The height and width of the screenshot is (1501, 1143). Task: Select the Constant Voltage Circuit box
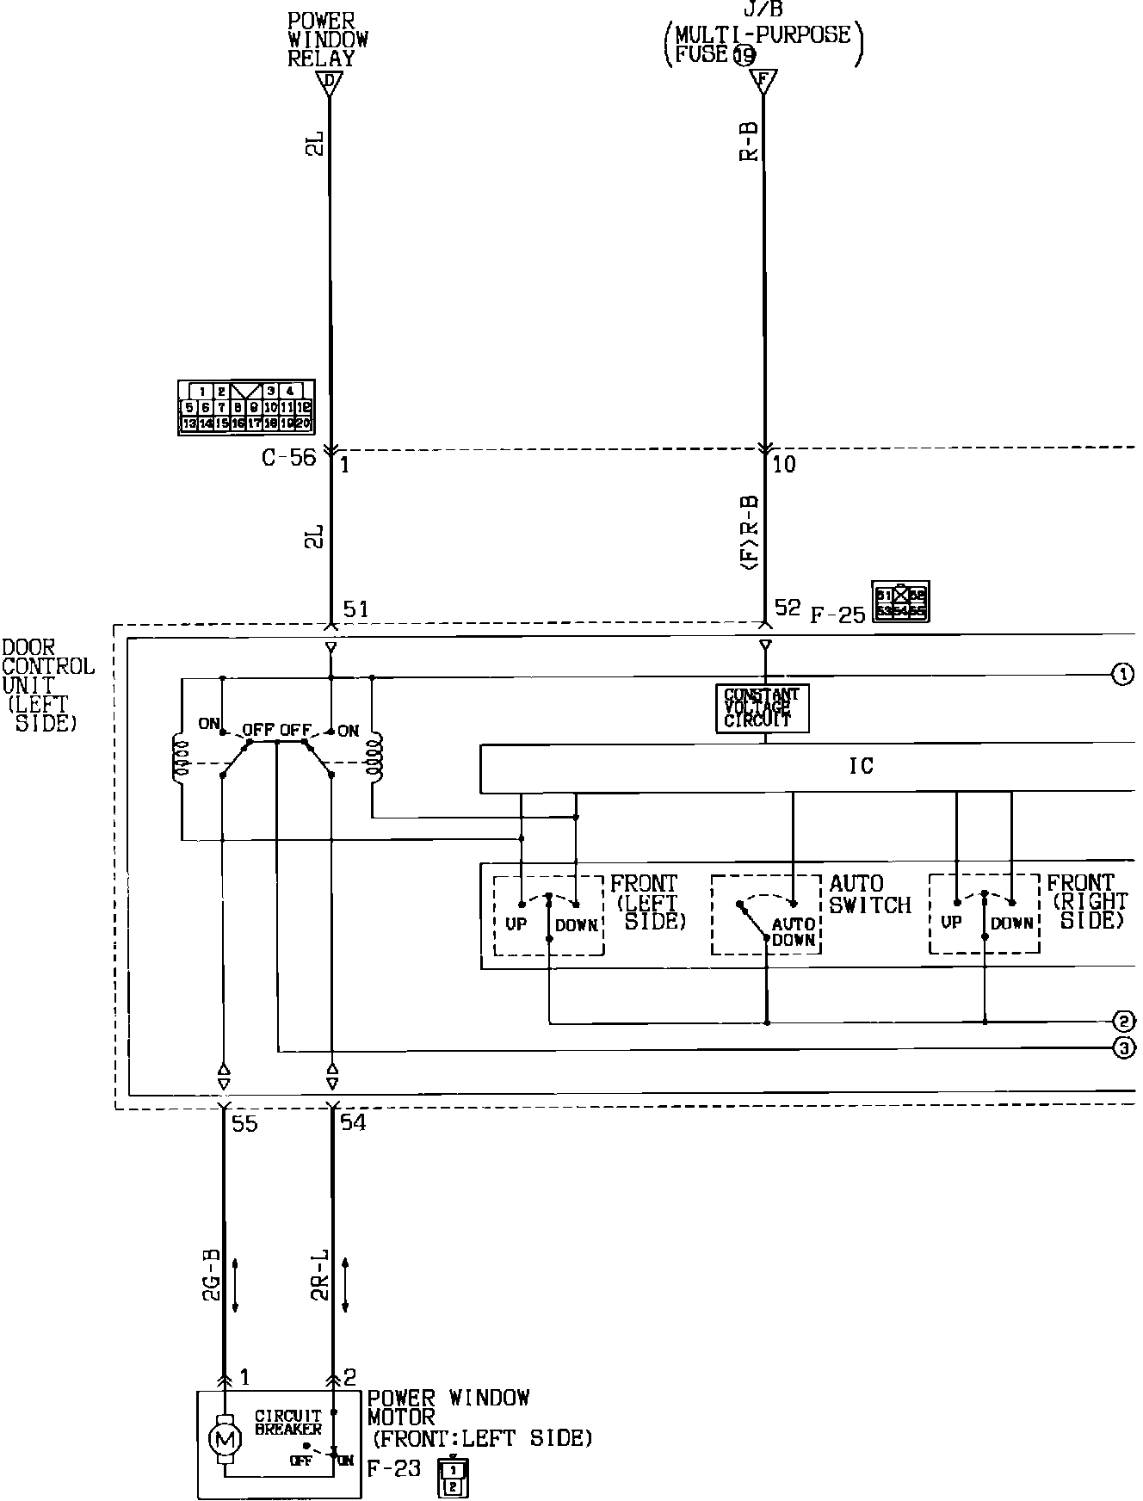(x=762, y=708)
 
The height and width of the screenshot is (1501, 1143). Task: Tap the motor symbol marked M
(x=225, y=1437)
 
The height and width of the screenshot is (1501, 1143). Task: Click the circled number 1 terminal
(x=1122, y=675)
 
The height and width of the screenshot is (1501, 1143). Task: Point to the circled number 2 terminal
(x=1123, y=1022)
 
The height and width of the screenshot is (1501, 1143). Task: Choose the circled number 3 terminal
(x=1123, y=1048)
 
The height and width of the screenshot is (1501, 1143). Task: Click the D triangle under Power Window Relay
(x=330, y=83)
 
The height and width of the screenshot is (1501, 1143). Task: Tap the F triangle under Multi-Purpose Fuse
(x=762, y=82)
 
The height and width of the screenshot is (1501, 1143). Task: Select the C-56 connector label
(x=289, y=458)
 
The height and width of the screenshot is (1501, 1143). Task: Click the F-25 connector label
(x=837, y=615)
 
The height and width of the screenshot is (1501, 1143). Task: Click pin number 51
(x=355, y=609)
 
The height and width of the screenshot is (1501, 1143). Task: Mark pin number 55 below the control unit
(x=244, y=1123)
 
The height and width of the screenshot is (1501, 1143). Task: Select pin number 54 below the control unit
(x=353, y=1123)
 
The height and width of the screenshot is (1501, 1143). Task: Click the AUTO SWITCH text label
(x=869, y=894)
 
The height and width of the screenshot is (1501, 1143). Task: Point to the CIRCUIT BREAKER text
(x=288, y=1422)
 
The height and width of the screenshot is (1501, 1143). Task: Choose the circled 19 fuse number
(x=744, y=55)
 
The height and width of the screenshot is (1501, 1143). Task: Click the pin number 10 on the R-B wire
(x=784, y=465)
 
